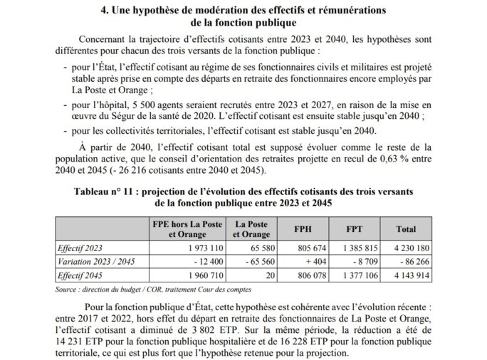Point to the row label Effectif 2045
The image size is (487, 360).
[82, 274]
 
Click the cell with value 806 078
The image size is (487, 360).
[310, 274]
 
